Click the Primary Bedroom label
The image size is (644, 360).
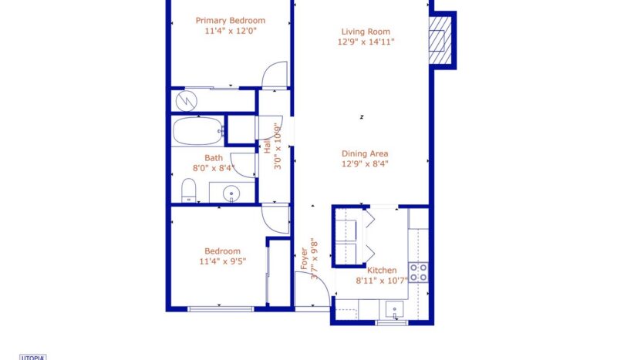pos(230,21)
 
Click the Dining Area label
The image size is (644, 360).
pos(365,153)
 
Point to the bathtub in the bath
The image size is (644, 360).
pos(197,131)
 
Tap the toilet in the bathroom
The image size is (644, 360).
pos(188,190)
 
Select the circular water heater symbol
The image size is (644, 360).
pos(186,101)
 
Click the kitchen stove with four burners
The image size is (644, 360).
pos(418,272)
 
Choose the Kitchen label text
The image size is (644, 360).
pos(382,271)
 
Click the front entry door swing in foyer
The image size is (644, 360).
pos(310,293)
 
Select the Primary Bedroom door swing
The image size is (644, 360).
pos(275,76)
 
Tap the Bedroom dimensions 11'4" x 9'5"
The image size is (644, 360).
pos(222,261)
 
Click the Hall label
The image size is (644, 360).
pos(268,143)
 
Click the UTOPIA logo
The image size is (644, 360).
pos(32,357)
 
